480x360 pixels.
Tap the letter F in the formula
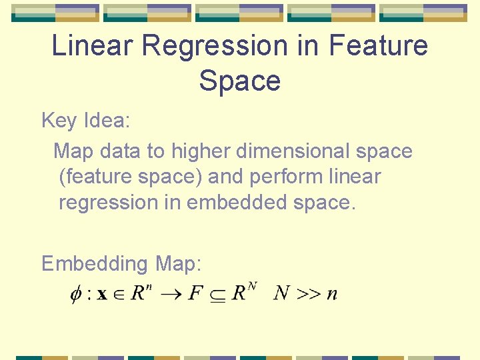[195, 293]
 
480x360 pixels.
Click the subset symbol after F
[217, 295]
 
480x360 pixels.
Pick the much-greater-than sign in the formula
[307, 294]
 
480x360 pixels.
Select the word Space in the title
[239, 81]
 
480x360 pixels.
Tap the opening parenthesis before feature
[62, 178]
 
